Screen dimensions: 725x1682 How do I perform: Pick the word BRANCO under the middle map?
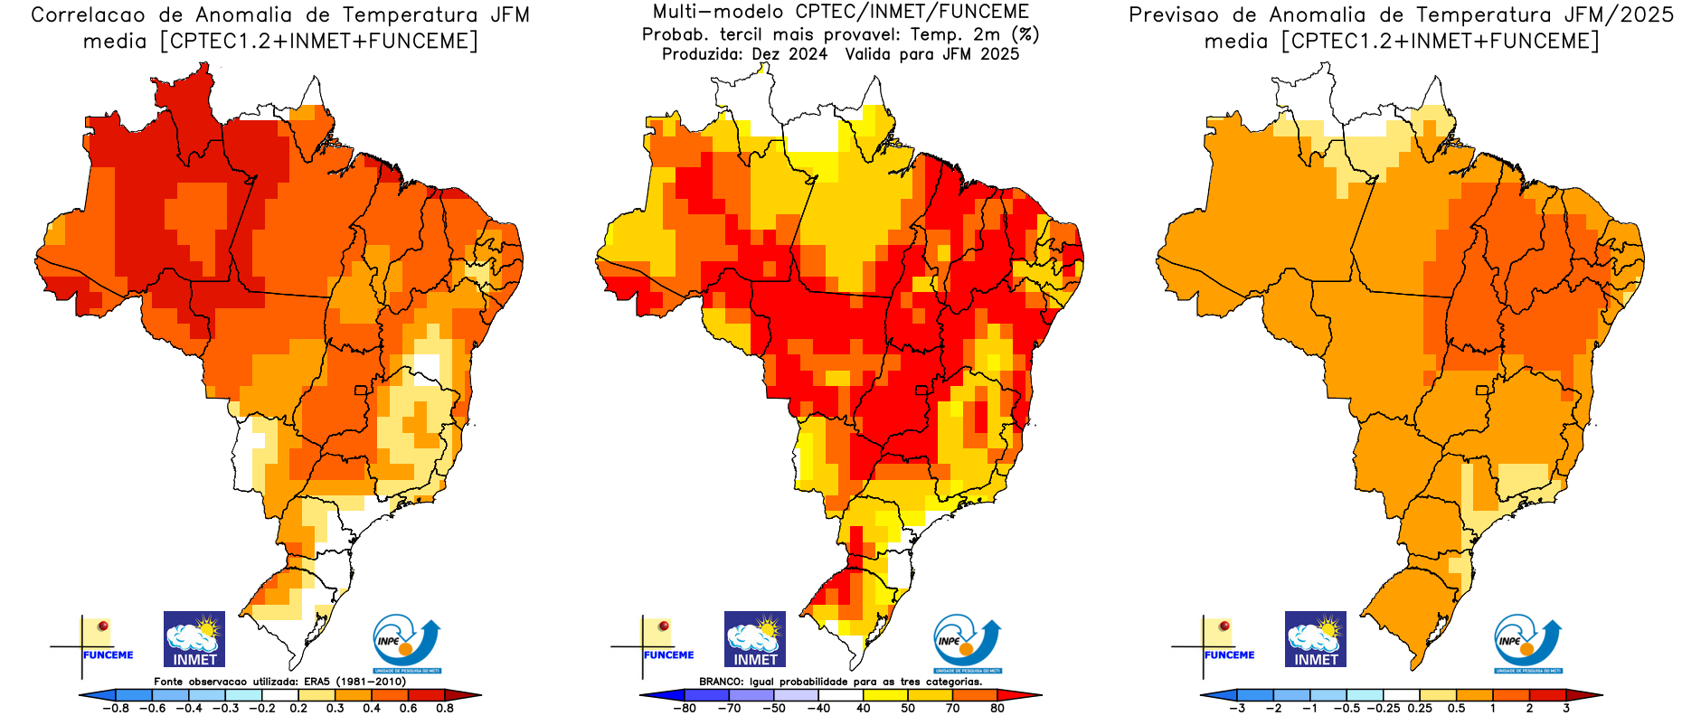(x=722, y=682)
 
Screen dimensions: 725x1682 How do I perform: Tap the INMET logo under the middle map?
(x=755, y=639)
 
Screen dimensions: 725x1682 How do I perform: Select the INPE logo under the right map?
(x=1528, y=643)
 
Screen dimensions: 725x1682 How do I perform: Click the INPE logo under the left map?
(x=407, y=643)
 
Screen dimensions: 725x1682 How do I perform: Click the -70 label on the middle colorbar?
(x=729, y=709)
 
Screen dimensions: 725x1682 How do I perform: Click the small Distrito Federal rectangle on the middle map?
(x=922, y=391)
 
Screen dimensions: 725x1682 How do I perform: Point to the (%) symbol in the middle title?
(x=1025, y=34)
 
